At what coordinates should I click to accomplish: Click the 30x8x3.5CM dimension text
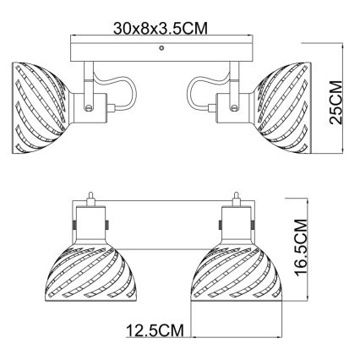[x=161, y=28]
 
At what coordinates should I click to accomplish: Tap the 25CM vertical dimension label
[x=336, y=101]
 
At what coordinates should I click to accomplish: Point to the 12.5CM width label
[x=153, y=332]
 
